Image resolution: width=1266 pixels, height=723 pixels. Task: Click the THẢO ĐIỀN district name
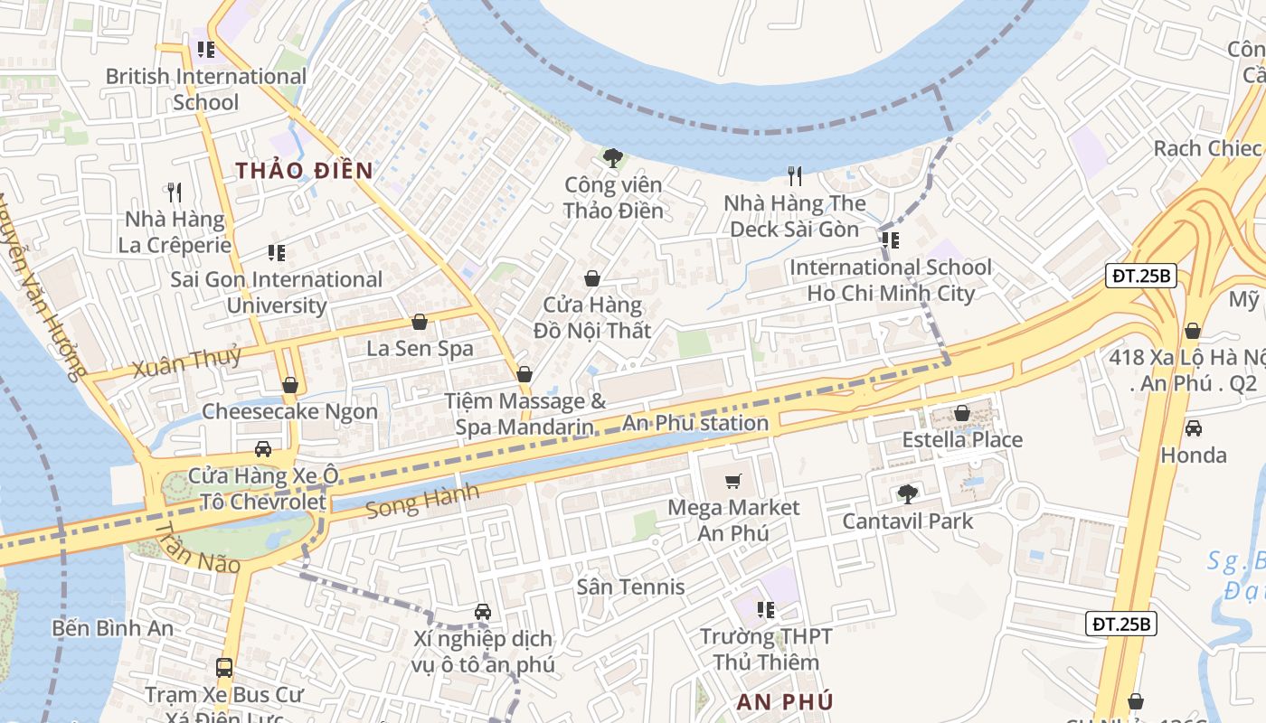point(304,170)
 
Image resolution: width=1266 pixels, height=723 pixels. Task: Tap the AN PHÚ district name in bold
point(784,701)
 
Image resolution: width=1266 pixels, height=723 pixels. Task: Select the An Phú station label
point(694,423)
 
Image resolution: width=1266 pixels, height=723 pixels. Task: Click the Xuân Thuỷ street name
point(187,361)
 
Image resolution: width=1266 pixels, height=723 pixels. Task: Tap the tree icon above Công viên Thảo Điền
point(613,158)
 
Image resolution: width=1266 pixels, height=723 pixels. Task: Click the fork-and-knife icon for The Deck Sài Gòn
point(795,175)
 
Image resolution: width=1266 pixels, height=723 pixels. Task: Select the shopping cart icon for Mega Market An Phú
point(733,481)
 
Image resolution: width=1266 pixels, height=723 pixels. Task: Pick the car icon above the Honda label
point(1193,427)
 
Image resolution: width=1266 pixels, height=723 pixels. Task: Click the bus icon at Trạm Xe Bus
point(224,668)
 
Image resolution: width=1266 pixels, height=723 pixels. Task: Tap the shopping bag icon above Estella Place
point(962,413)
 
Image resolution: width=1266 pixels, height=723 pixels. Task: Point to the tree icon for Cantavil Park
point(907,493)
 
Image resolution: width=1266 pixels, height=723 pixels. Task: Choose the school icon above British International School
point(206,49)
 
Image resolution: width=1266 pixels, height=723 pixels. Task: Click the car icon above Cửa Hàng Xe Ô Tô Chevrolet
point(262,449)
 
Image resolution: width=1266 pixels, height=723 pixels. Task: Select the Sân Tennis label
point(631,587)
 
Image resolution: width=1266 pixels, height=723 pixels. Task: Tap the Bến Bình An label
point(113,627)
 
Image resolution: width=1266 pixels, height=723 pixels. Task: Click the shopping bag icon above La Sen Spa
point(420,321)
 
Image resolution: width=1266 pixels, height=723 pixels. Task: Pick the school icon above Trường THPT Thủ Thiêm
point(766,610)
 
